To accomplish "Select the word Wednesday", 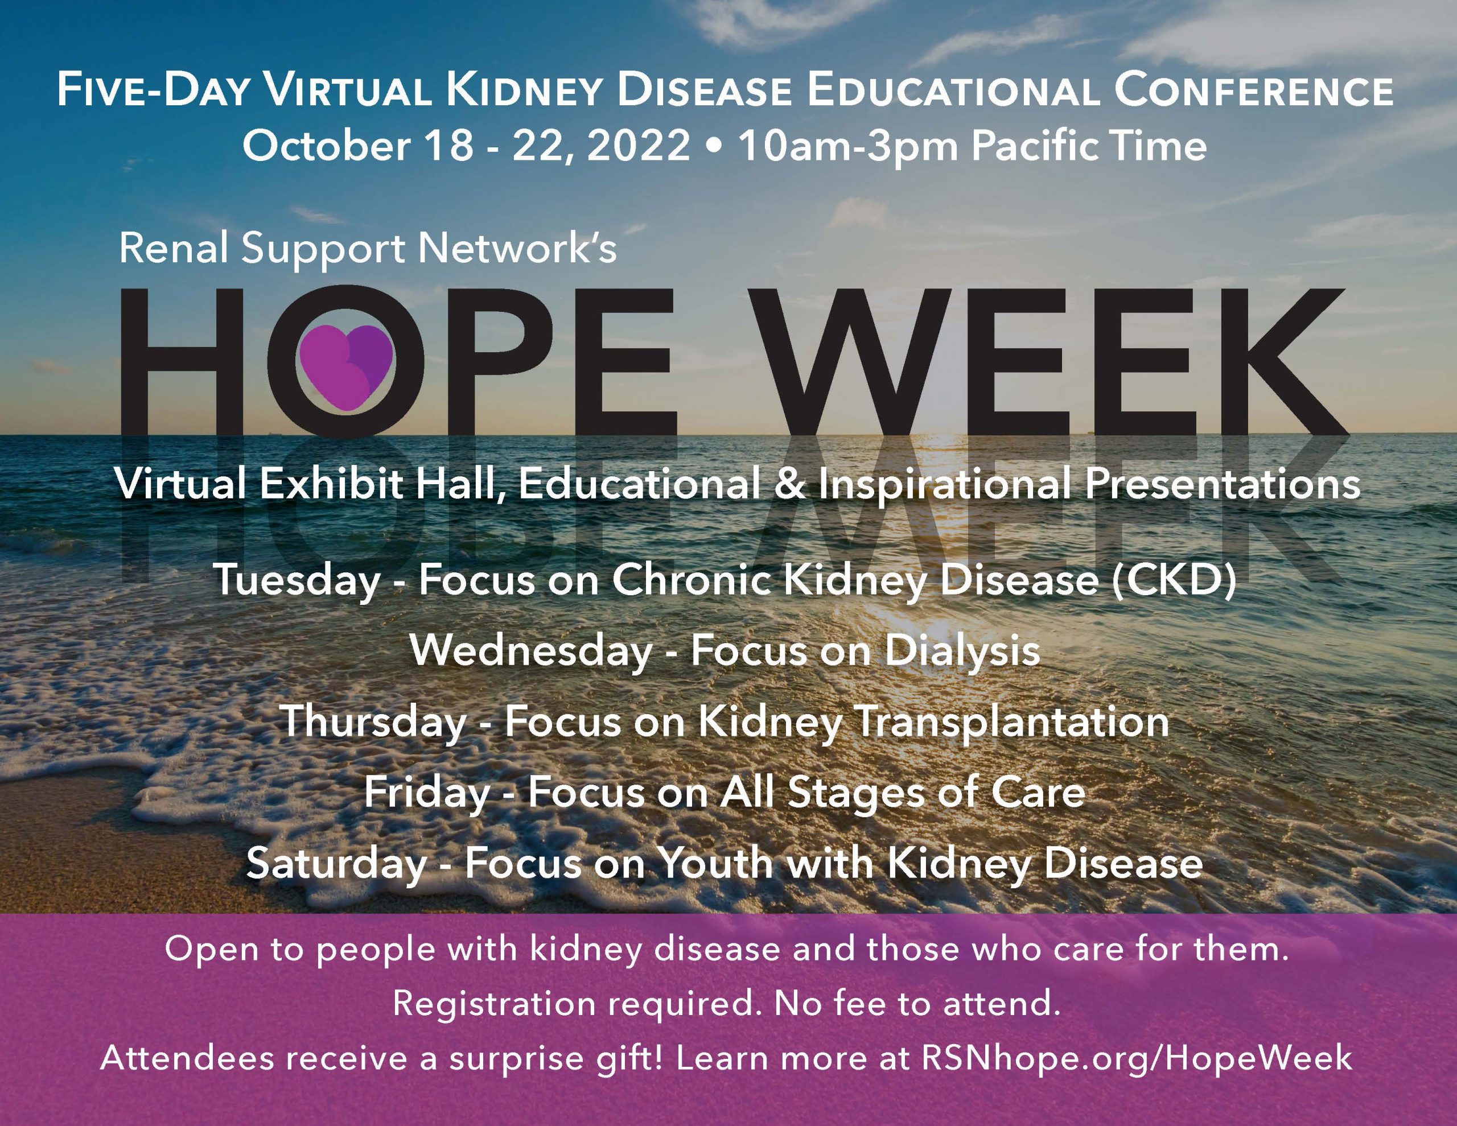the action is coord(531,650).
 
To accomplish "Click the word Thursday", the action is coord(373,723).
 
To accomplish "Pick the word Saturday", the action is coord(337,864).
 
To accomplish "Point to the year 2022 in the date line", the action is coord(639,146).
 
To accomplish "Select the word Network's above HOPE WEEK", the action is coord(518,248).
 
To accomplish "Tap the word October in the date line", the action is coord(326,146).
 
